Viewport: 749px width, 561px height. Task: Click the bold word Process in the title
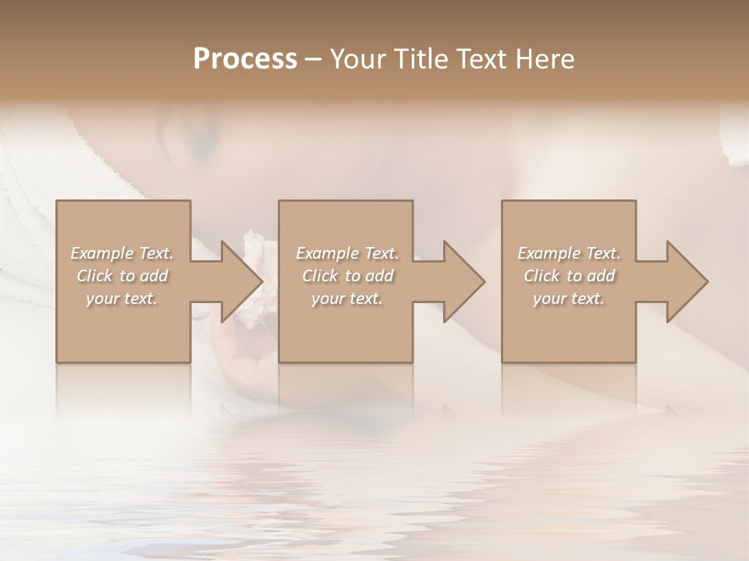point(245,59)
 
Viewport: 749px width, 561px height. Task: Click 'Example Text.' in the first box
point(122,253)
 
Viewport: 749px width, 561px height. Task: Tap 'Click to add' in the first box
point(122,276)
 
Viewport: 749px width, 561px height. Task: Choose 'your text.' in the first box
point(122,298)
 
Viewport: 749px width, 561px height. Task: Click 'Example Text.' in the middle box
point(347,253)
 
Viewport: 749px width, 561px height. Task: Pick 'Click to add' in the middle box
point(347,276)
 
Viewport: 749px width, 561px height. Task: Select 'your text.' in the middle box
point(347,298)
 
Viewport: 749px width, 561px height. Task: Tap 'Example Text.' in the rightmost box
point(569,253)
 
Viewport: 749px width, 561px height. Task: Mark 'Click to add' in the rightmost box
point(569,276)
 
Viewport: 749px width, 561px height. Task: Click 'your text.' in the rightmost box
point(569,298)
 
